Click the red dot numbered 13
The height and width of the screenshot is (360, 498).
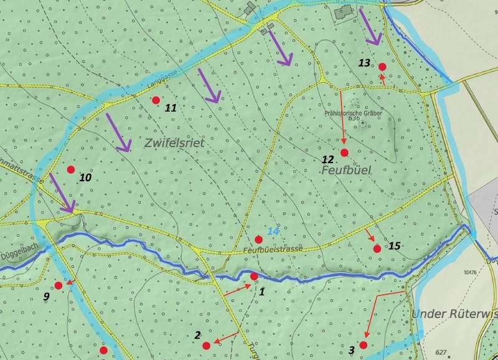[382, 67]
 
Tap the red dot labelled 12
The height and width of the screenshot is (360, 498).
[344, 153]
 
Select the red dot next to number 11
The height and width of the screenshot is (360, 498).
[156, 100]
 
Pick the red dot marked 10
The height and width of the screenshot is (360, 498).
[70, 169]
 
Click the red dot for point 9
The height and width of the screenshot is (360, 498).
[58, 285]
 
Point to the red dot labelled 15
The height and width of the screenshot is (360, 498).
[377, 249]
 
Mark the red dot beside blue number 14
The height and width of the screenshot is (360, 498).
[258, 239]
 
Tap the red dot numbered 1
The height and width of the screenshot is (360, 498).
[254, 276]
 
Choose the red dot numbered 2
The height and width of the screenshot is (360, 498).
[206, 345]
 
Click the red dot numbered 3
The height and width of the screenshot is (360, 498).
[363, 345]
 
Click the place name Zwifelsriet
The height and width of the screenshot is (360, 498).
[174, 143]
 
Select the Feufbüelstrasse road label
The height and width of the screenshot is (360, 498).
[273, 249]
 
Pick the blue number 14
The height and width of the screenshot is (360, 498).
[273, 231]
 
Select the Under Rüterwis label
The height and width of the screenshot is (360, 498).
[454, 314]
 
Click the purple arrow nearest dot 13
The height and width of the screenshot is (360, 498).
[370, 30]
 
